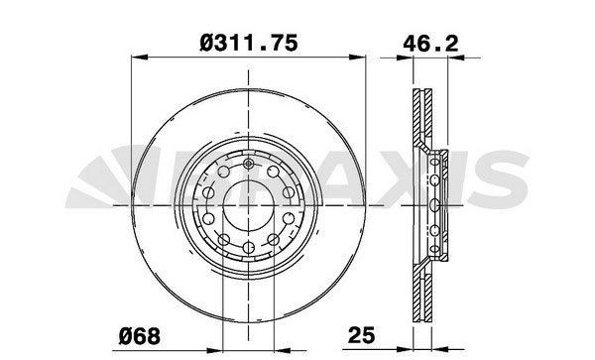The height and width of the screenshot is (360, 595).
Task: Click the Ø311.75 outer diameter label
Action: click(x=249, y=41)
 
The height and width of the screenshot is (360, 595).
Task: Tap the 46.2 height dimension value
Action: click(x=428, y=41)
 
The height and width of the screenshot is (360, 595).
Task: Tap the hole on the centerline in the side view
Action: click(x=437, y=204)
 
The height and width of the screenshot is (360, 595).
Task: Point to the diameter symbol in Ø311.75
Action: click(x=205, y=41)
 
